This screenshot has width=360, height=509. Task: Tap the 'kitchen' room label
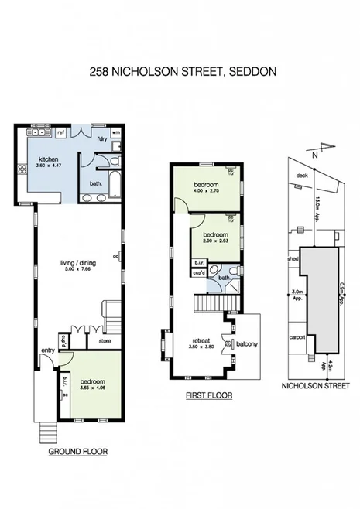[x=50, y=159]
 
